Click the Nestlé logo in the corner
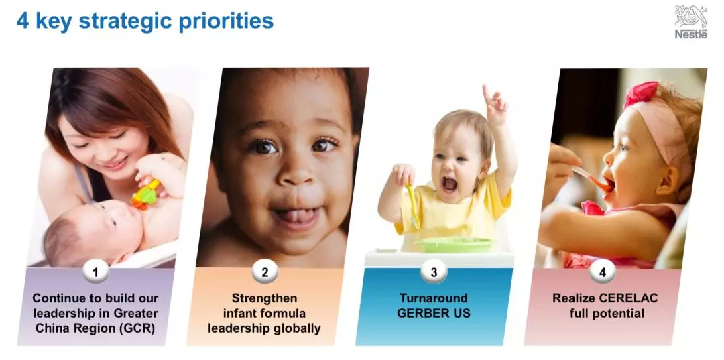click(x=690, y=22)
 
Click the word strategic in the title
click(x=124, y=21)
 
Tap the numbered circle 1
click(x=96, y=272)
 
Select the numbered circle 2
click(x=265, y=272)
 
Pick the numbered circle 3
click(x=434, y=272)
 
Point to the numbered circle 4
click(x=603, y=272)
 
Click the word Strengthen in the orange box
click(x=265, y=298)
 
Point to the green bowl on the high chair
click(x=454, y=245)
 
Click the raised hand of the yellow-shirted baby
click(x=495, y=105)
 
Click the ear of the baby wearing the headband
click(x=667, y=182)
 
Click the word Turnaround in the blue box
click(x=434, y=298)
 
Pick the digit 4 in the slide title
click(x=23, y=21)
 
